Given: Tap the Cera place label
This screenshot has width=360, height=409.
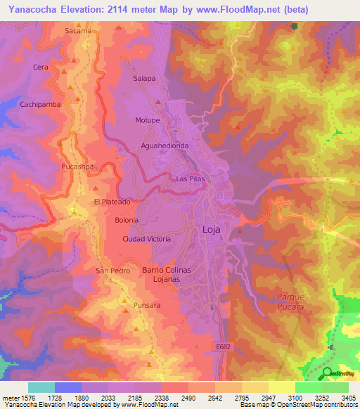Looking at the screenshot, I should click(x=40, y=67).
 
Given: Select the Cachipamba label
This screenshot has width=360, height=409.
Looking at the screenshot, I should click(x=41, y=104).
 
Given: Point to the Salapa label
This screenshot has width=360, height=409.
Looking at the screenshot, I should click(x=144, y=79).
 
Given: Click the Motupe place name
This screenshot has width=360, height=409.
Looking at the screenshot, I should click(x=148, y=120).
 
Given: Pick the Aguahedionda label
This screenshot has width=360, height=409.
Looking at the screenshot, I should click(x=165, y=145).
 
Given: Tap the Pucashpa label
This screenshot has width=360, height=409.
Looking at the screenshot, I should click(x=78, y=167).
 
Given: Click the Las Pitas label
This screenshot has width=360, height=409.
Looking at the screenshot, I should click(x=190, y=179).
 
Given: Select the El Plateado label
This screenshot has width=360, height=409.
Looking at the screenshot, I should click(x=112, y=202).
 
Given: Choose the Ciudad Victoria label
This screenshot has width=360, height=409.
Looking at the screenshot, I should click(x=146, y=239).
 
